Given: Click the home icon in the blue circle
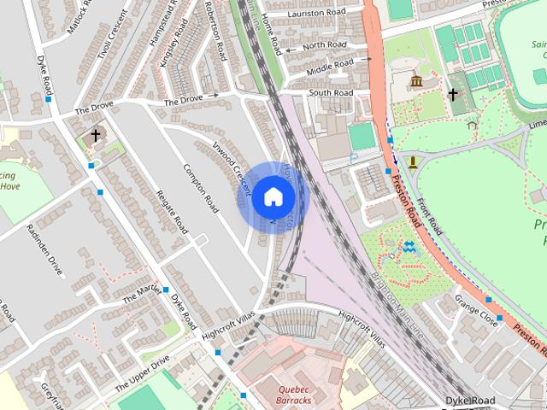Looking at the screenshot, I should point(272,196).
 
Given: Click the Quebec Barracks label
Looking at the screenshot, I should point(293,393).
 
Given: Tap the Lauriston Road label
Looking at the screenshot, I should point(315,13).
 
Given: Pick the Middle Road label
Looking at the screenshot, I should point(330,64).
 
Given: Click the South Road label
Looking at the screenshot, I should point(331,92).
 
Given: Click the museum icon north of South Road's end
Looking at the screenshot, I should point(416,81).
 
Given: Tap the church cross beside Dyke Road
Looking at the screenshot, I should point(96,135).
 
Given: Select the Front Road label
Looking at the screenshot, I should point(432,213).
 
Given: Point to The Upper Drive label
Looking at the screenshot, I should point(137,372).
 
